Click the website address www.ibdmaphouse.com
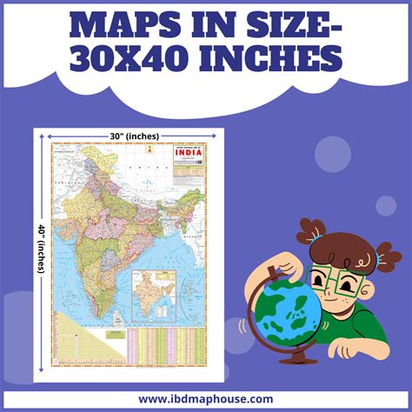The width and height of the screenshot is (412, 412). click(206, 399)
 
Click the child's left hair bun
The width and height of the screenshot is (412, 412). click(314, 230)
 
